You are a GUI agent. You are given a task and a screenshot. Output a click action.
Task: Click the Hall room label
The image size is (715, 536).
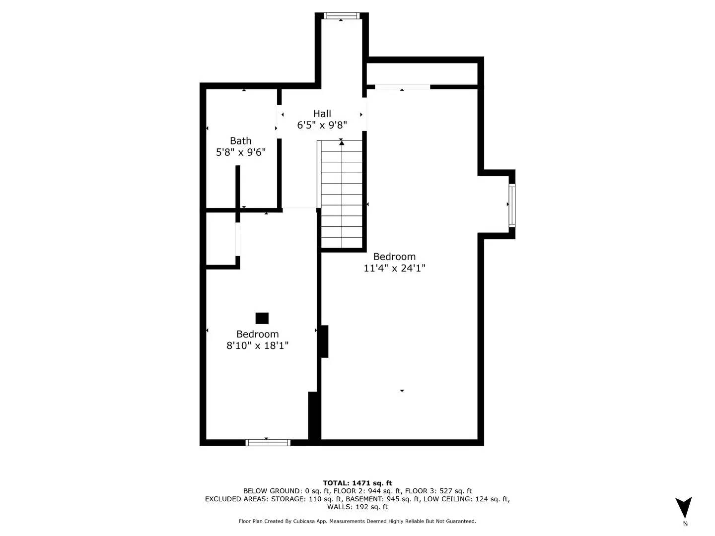click(x=322, y=114)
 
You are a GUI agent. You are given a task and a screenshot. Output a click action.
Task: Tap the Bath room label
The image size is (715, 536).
click(x=240, y=141)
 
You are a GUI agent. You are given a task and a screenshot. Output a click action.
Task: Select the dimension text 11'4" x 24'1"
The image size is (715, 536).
click(x=394, y=268)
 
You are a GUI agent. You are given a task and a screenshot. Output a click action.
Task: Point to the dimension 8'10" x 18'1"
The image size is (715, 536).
click(x=257, y=346)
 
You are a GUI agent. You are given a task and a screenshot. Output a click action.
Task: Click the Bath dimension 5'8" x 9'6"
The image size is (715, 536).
click(x=240, y=152)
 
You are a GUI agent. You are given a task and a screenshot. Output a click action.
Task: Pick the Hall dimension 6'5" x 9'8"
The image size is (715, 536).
click(x=322, y=126)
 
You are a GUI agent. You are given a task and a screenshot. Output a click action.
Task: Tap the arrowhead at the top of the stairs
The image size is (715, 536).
click(x=342, y=142)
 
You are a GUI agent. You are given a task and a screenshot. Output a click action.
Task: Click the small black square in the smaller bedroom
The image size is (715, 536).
click(x=262, y=318)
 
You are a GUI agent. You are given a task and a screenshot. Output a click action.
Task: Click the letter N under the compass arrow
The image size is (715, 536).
click(x=685, y=524)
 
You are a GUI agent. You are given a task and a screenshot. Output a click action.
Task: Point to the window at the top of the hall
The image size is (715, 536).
click(x=341, y=16)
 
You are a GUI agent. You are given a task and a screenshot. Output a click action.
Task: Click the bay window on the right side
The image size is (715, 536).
click(x=511, y=204)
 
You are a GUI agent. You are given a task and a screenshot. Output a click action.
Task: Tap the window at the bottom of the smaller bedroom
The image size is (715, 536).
click(x=268, y=442)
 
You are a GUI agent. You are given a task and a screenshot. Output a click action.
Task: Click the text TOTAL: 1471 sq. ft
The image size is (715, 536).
click(x=357, y=483)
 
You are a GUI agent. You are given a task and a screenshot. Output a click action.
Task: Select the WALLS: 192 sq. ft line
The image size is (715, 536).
click(x=357, y=507)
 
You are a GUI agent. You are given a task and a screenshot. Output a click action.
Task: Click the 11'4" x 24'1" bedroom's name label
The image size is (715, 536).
click(x=394, y=257)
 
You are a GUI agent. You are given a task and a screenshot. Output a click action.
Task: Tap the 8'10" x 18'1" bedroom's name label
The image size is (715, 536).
click(x=257, y=334)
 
